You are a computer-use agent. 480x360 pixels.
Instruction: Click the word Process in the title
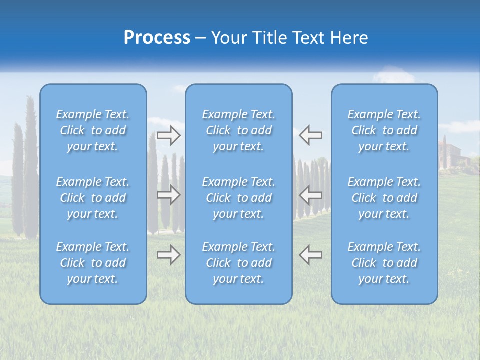click(157, 38)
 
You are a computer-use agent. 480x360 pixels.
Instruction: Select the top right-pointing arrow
click(169, 135)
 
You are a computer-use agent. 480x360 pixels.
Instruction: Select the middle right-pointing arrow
click(169, 195)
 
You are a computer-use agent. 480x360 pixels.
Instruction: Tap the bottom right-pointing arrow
click(169, 255)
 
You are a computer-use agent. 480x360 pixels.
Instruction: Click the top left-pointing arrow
click(310, 135)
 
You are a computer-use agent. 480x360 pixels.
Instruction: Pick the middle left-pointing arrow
click(310, 195)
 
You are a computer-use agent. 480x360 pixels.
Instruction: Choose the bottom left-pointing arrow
click(310, 255)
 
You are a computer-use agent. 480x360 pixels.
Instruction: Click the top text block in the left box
click(93, 130)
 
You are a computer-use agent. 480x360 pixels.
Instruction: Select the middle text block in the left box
click(93, 198)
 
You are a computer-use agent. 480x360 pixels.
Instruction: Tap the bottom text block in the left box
click(93, 263)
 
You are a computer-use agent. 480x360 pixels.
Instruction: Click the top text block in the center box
click(239, 130)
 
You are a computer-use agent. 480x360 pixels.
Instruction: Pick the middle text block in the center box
click(239, 198)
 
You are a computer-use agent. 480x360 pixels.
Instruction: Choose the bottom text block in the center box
click(239, 263)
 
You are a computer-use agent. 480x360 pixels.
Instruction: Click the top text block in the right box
click(384, 130)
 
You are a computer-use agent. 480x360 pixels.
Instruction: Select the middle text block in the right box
click(384, 198)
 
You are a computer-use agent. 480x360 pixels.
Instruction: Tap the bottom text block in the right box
click(384, 263)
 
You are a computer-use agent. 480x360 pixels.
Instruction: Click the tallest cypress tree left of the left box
click(31, 165)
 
